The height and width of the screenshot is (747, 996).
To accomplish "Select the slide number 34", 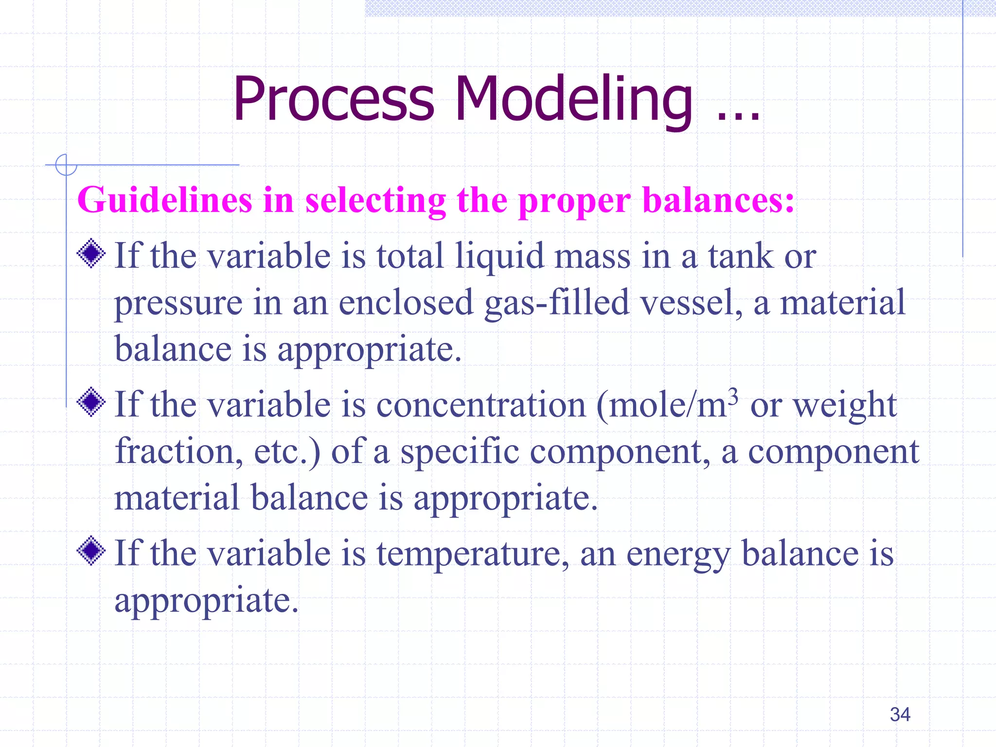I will point(900,714).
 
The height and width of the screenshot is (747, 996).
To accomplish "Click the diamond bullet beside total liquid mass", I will point(91,253).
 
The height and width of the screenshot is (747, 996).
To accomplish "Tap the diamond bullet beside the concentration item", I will point(91,402).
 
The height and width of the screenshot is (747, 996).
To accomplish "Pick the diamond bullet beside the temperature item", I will point(91,551).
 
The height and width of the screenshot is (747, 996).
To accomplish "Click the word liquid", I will point(499,256).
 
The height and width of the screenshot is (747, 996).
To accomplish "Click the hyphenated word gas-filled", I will point(557,303).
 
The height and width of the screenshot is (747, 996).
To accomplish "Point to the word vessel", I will point(691,303).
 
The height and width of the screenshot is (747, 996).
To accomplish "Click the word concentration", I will point(481,405).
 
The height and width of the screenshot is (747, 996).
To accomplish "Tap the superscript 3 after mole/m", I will point(733,395).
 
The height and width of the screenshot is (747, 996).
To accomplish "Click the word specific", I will point(460,452).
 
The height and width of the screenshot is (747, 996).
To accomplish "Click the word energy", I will point(678,554).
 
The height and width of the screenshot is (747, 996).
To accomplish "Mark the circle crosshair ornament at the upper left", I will point(66,165).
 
